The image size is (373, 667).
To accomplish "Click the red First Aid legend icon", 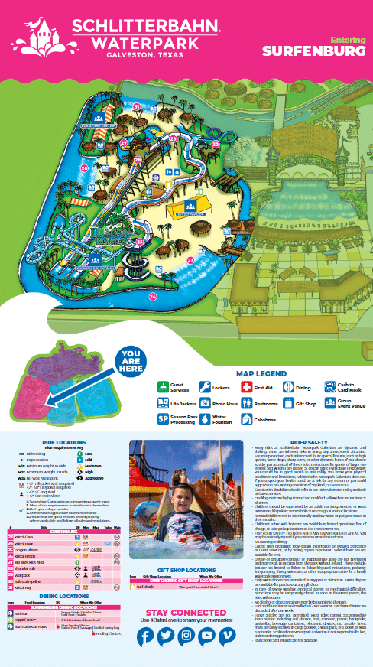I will [x=246, y=388].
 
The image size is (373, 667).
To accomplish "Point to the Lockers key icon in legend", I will [x=204, y=388].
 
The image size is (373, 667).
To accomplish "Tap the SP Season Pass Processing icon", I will [x=162, y=418].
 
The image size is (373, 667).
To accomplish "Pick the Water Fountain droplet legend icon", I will [x=204, y=418].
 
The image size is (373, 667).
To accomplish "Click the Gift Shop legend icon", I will [x=288, y=403].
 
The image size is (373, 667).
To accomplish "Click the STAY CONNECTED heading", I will [x=186, y=613].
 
